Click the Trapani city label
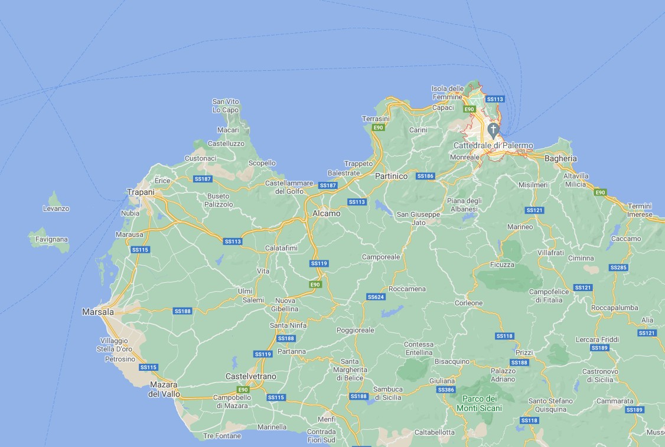point(141,192)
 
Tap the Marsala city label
point(97,311)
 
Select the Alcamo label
point(326,213)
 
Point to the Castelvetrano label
point(251,376)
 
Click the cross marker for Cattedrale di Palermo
point(493,129)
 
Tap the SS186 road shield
point(425,176)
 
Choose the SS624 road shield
point(376,296)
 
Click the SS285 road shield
point(618,267)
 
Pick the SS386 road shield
point(445,390)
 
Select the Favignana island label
point(51,239)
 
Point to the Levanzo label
point(56,208)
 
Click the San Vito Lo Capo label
point(226,106)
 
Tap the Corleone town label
point(468,303)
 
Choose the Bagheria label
point(560,158)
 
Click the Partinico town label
point(392,176)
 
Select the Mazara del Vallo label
point(164,389)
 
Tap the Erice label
point(162,181)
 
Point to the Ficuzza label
point(502,265)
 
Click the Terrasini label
point(376,119)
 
